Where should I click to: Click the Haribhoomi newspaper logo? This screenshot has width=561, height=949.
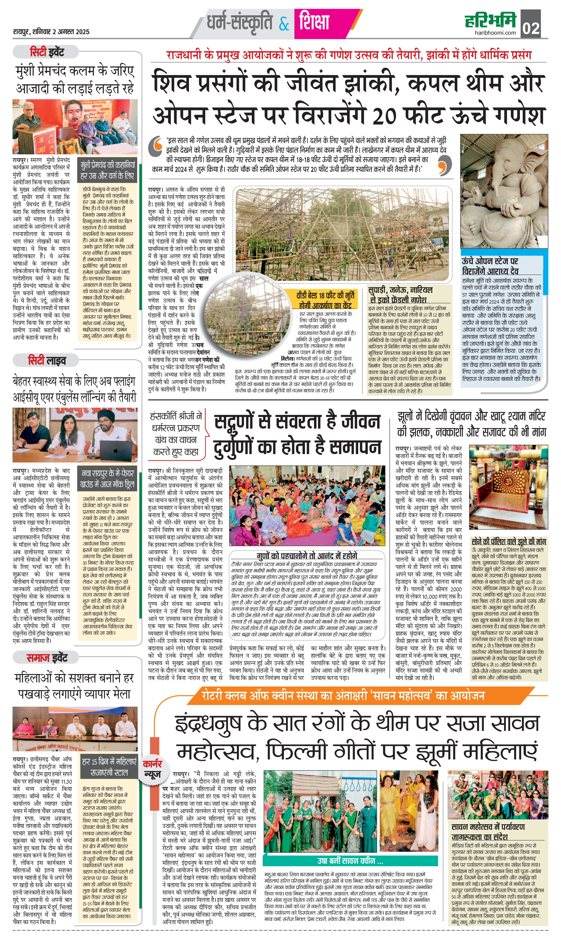click(490, 20)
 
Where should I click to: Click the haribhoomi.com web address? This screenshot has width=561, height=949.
click(495, 33)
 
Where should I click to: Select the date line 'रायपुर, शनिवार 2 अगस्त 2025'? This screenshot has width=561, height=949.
click(51, 32)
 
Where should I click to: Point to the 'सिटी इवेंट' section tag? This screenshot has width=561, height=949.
click(46, 52)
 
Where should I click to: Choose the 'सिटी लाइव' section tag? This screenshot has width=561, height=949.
click(46, 361)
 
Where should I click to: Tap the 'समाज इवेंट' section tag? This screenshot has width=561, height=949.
click(46, 658)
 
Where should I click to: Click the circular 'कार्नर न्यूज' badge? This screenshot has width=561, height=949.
click(152, 769)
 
